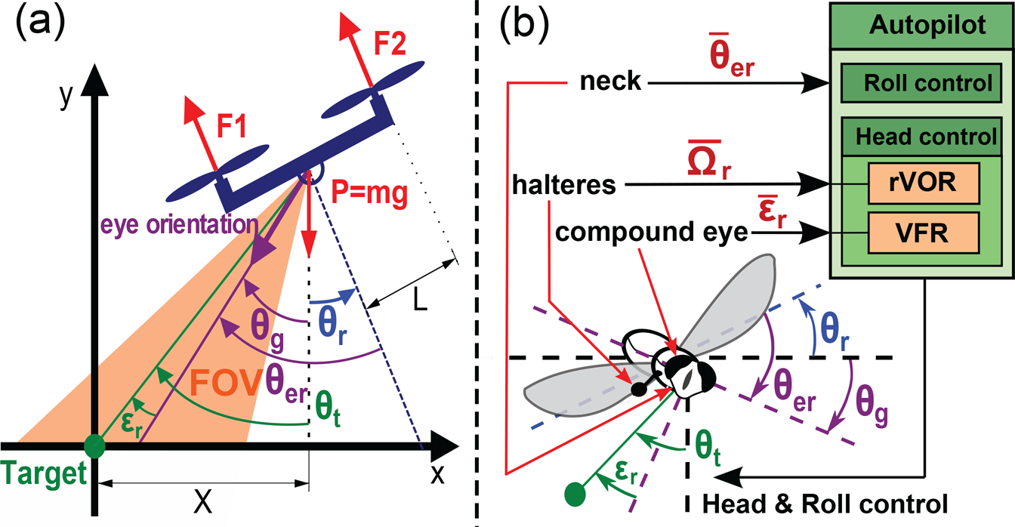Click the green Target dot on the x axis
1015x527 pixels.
coord(94,446)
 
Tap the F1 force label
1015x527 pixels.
coord(232,125)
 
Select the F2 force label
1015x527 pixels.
coord(390,44)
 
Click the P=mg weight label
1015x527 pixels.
coord(369,193)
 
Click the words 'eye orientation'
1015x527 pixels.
coord(180,224)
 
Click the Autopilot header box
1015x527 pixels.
coord(921,26)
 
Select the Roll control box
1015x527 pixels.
coord(921,83)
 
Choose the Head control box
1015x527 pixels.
coord(921,137)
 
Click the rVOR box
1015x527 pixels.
coord(924,183)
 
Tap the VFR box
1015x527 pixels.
coord(924,233)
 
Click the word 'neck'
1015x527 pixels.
coord(610,82)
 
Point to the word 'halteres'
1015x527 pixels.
coord(564,184)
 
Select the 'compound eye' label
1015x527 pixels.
coord(651,232)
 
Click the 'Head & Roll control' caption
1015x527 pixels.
coord(825,504)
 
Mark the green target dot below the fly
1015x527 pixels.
coord(575,494)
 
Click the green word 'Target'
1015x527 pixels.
coord(44,474)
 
